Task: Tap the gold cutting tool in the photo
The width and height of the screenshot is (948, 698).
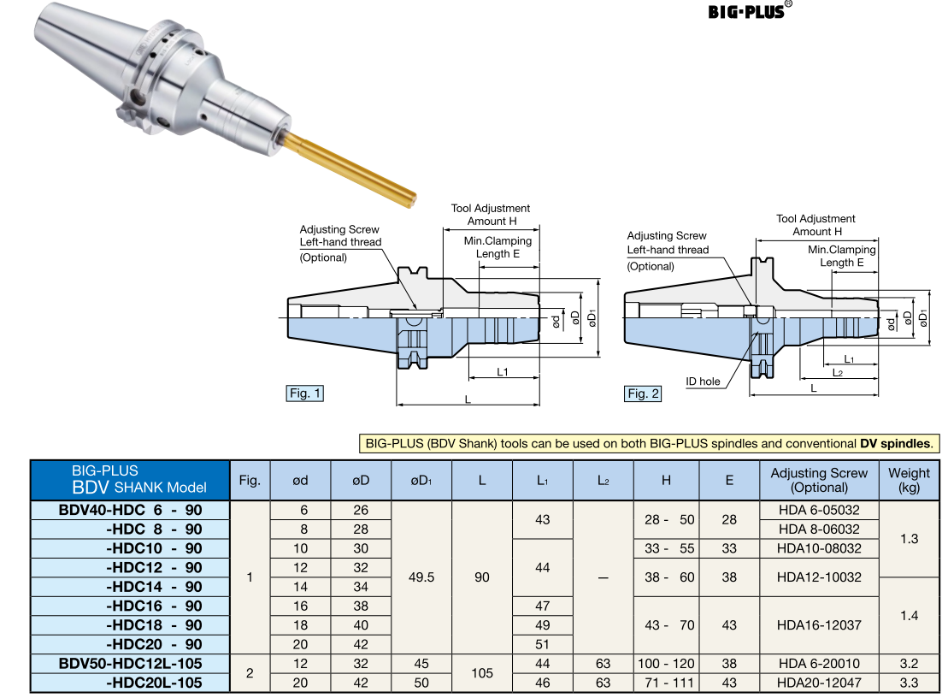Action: coord(350,169)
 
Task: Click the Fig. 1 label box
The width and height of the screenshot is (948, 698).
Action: coord(305,393)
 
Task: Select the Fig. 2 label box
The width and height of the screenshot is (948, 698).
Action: coord(643,393)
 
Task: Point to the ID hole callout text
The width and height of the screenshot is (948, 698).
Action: coord(703,382)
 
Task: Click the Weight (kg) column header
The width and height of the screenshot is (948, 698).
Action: coord(909,480)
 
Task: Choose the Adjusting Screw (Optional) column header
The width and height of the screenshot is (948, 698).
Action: coord(819,480)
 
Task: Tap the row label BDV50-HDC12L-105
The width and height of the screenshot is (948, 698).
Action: coord(130,663)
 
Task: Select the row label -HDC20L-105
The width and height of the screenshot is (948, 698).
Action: coord(154,682)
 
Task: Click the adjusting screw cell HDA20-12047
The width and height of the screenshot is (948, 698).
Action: coord(819,682)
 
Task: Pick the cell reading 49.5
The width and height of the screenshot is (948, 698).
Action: coord(421,577)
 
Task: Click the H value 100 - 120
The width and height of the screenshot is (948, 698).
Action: coord(666,663)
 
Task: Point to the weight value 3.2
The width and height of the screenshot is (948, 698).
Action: coord(909,663)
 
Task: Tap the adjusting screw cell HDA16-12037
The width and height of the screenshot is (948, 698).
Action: coord(819,624)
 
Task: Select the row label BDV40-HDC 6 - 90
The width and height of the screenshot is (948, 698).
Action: coord(130,510)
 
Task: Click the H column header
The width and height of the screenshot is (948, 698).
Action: coord(666,480)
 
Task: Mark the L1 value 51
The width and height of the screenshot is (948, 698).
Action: coord(542,644)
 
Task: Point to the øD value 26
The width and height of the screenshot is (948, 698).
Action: coord(361,510)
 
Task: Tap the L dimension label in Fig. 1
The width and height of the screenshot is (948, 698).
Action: coord(467,399)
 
